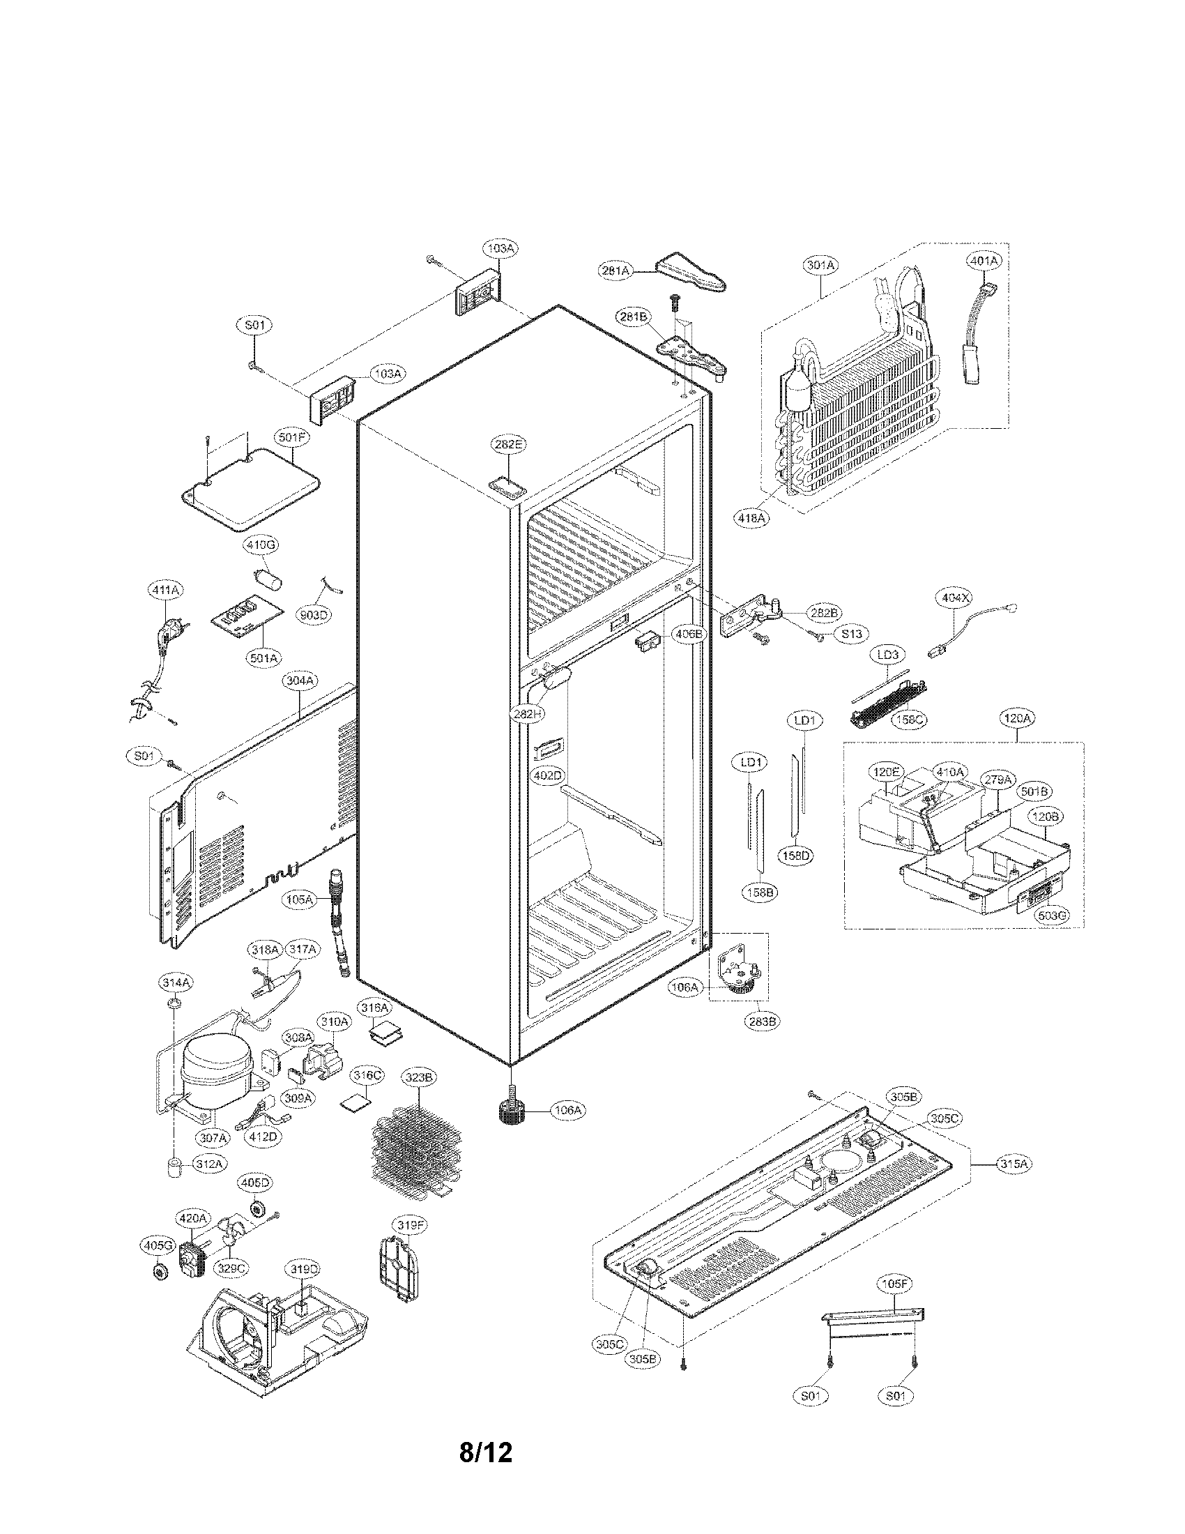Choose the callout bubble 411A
(x=164, y=591)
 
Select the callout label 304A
(x=300, y=681)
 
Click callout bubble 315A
(x=1014, y=1164)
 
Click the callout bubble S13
(x=851, y=634)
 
